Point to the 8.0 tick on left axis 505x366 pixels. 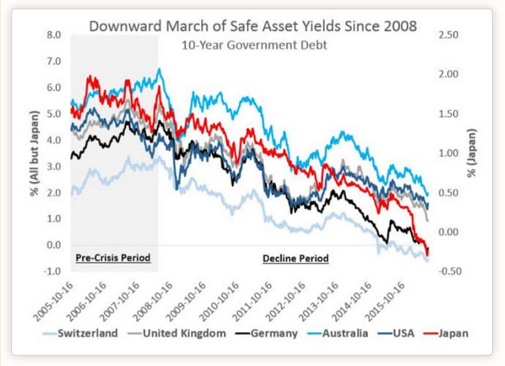pyautogui.click(x=54, y=35)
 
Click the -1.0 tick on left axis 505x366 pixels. pyautogui.click(x=53, y=271)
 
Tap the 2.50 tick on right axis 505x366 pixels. pyautogui.click(x=448, y=35)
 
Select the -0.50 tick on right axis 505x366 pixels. pyautogui.click(x=447, y=271)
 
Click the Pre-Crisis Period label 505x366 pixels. pyautogui.click(x=113, y=258)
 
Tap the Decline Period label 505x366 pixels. pyautogui.click(x=295, y=258)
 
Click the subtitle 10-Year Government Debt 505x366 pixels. pyautogui.click(x=254, y=45)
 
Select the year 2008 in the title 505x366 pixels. pyautogui.click(x=400, y=26)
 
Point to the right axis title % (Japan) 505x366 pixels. pyautogui.click(x=471, y=153)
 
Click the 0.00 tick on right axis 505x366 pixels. pyautogui.click(x=448, y=232)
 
